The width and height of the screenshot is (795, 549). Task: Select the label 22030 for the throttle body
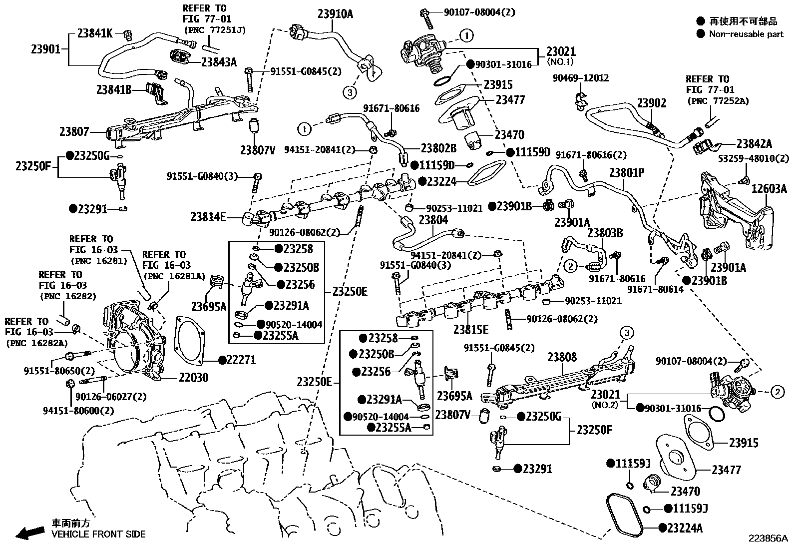(194, 377)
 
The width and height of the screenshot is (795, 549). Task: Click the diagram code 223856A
(768, 539)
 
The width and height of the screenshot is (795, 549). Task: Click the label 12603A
(769, 188)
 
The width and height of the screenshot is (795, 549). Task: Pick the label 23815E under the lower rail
(471, 329)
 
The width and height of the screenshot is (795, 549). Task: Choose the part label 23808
(562, 357)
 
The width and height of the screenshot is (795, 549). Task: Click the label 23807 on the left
(74, 132)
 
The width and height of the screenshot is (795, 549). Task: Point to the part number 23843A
(219, 62)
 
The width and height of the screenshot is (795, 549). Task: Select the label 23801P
(627, 173)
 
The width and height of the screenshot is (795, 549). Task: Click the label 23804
(433, 220)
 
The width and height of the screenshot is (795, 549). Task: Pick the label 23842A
(754, 144)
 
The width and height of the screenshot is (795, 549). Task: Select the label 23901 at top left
(45, 49)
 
